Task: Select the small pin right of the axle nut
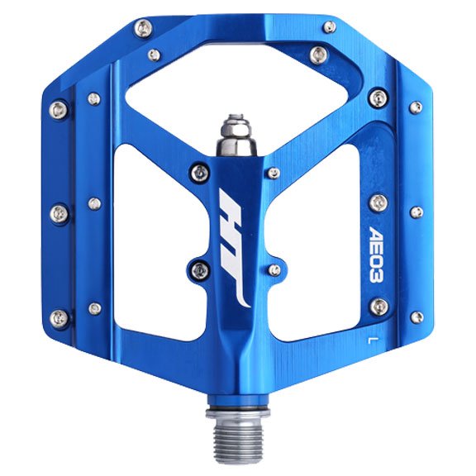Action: pos(274,173)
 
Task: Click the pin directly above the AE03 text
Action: pos(378,201)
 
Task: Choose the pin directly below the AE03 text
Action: pos(379,307)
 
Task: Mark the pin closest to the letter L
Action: pos(379,307)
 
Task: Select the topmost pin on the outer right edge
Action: pos(416,107)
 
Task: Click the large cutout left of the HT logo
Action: pos(149,248)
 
